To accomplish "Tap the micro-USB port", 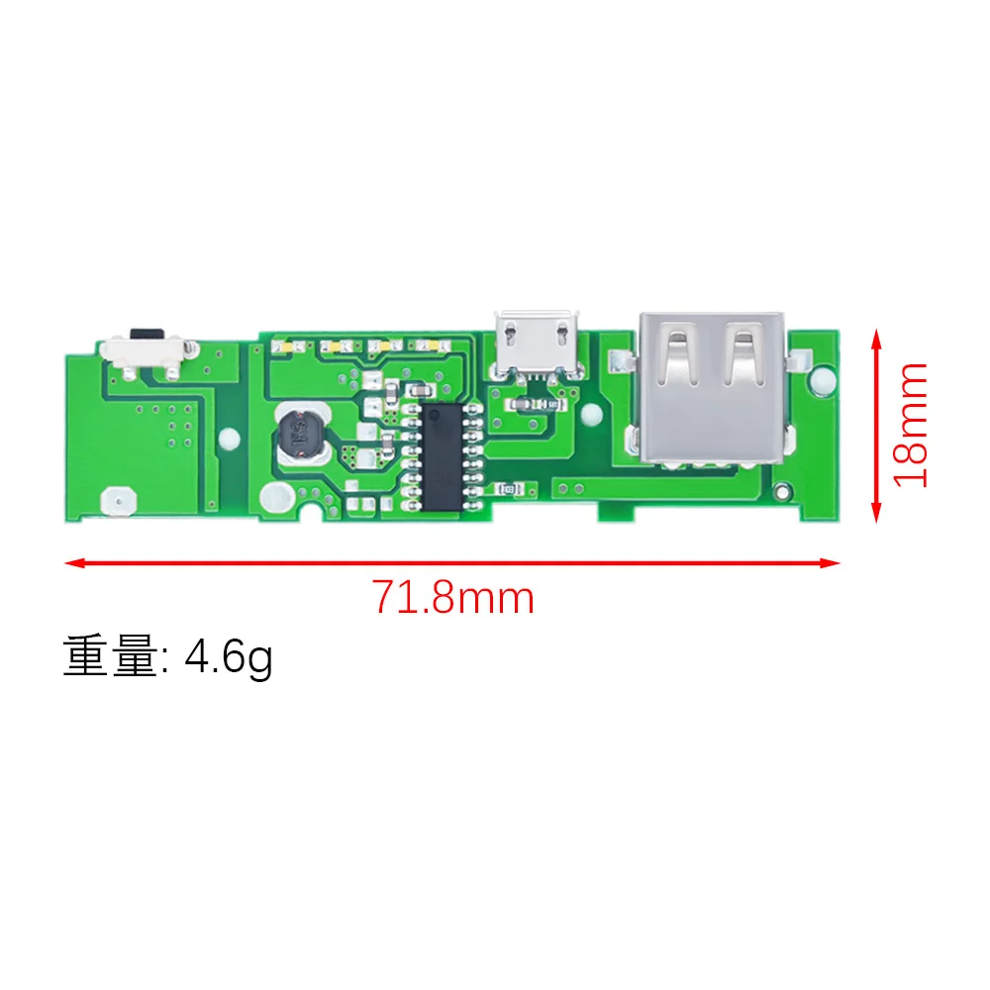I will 535,344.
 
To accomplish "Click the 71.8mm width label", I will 452,598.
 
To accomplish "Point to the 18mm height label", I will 910,425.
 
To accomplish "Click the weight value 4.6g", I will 229,657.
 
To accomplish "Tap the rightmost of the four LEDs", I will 429,348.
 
